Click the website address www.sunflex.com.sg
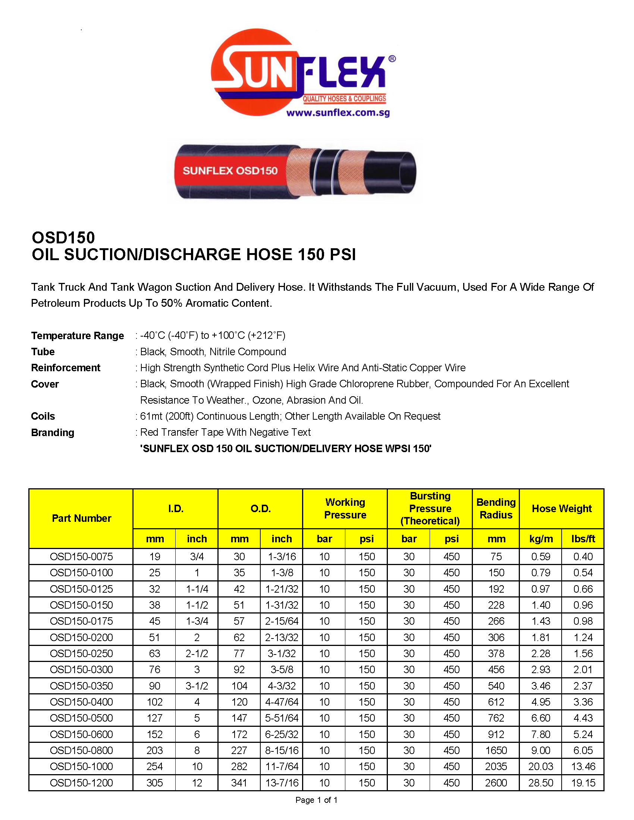(338, 113)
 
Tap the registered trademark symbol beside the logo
(392, 59)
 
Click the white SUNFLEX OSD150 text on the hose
(230, 171)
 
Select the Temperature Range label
(77, 336)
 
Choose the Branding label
(53, 432)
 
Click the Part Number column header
(82, 518)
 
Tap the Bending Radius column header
(496, 508)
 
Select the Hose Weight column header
(562, 508)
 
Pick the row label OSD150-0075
(82, 556)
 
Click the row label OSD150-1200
(82, 783)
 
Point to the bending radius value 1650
(496, 751)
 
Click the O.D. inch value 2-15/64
(282, 621)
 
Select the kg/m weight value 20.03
(540, 767)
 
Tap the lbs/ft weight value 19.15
(583, 783)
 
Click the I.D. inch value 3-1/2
(197, 686)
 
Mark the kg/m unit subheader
(540, 539)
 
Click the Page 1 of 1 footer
(316, 800)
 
